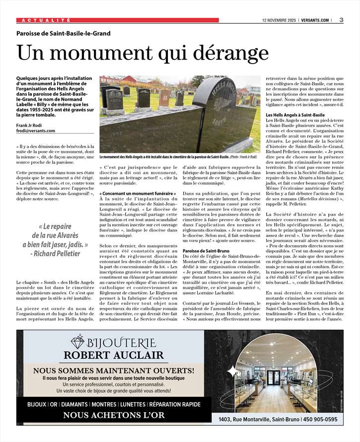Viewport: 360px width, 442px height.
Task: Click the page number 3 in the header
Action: [x=342, y=20]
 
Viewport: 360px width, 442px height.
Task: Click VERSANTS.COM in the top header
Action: [x=314, y=20]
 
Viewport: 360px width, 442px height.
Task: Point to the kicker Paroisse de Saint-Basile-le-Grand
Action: [x=64, y=34]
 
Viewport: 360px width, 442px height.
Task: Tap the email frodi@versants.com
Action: [x=36, y=131]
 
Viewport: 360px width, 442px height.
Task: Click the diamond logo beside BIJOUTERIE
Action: [x=78, y=341]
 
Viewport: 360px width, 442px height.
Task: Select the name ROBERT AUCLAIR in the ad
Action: [x=114, y=355]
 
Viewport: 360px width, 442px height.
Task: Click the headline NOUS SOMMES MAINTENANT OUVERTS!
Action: [x=114, y=370]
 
